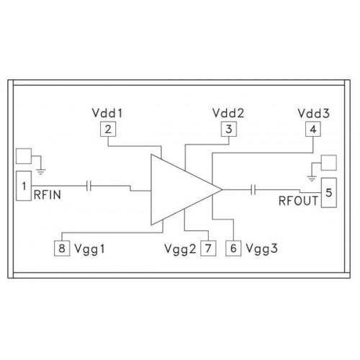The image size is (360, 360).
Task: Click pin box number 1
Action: pyautogui.click(x=24, y=186)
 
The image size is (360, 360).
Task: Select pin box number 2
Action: pyautogui.click(x=108, y=129)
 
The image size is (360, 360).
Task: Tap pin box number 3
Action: pyautogui.click(x=229, y=129)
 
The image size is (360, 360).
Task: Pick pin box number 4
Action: pyautogui.click(x=313, y=129)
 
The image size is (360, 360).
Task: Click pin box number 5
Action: pyautogui.click(x=329, y=192)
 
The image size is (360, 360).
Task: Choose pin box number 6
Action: pyautogui.click(x=233, y=248)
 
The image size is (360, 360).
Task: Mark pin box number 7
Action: pyautogui.click(x=208, y=248)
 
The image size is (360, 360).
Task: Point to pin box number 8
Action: pyautogui.click(x=62, y=248)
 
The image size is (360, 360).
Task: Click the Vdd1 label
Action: pyautogui.click(x=107, y=113)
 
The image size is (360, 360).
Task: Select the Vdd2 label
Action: pyautogui.click(x=228, y=113)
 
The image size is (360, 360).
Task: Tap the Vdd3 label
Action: pyautogui.click(x=314, y=113)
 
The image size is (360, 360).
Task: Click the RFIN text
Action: pyautogui.click(x=48, y=194)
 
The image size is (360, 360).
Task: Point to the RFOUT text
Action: pyautogui.click(x=298, y=201)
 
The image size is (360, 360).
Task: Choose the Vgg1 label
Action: pyautogui.click(x=89, y=249)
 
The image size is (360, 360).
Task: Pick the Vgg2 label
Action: pyautogui.click(x=180, y=249)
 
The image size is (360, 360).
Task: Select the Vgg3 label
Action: pyautogui.click(x=262, y=248)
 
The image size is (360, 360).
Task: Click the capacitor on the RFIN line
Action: pyautogui.click(x=89, y=186)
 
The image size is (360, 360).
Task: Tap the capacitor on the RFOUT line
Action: pyautogui.click(x=253, y=189)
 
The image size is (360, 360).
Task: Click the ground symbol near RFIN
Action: pyautogui.click(x=41, y=171)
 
